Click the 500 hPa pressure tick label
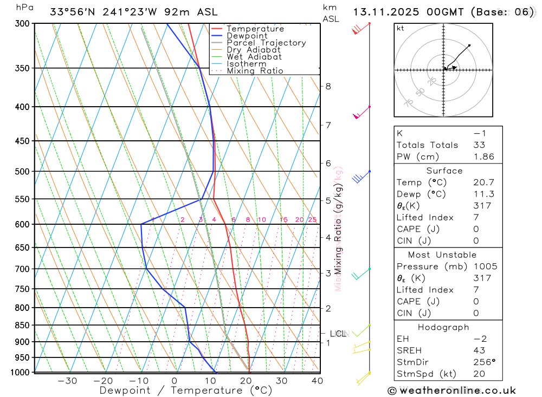[x=21, y=172]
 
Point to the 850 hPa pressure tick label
[x=21, y=326]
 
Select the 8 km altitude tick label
[x=328, y=86]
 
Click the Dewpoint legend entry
[x=247, y=36]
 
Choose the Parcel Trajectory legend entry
[x=266, y=43]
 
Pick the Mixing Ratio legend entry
[x=255, y=71]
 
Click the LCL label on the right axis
[x=338, y=334]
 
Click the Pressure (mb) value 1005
[x=485, y=266]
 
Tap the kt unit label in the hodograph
[x=401, y=29]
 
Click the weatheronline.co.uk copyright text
[x=452, y=391]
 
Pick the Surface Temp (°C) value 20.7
[x=483, y=183]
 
